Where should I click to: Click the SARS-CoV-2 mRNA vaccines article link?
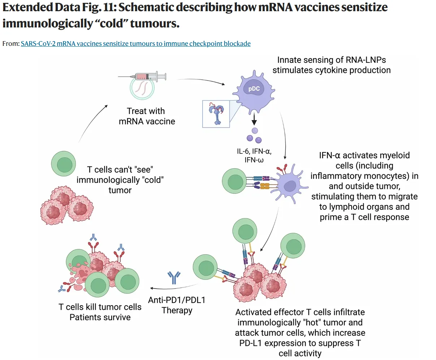(x=135, y=44)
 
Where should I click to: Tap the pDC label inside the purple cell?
(x=254, y=89)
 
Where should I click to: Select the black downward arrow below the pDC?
(x=254, y=118)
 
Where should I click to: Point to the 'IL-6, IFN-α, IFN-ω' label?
(x=254, y=155)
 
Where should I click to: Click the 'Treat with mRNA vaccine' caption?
(x=147, y=116)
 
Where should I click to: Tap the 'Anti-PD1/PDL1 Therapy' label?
(x=177, y=305)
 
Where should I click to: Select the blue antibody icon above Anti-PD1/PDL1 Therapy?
(x=174, y=277)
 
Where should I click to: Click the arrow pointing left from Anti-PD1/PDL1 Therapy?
(x=170, y=287)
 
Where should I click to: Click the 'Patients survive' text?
(x=100, y=317)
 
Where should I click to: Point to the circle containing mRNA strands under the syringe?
(x=143, y=88)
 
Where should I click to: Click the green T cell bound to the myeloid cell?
(x=234, y=181)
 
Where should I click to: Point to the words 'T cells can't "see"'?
(x=120, y=169)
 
